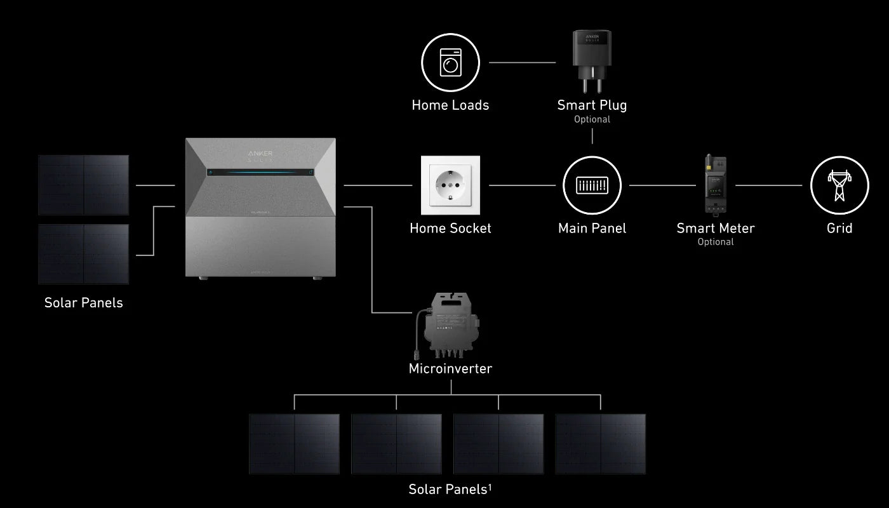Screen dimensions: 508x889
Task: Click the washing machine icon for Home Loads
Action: tap(450, 62)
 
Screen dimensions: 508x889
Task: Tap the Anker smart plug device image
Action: tap(592, 60)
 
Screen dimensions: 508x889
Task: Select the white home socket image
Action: tap(450, 185)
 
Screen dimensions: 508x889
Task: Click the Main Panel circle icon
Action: tap(592, 185)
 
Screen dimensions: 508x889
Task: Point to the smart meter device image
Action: tap(716, 185)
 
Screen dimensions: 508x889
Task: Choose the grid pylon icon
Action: tap(839, 185)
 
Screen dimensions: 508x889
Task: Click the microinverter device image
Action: tap(449, 326)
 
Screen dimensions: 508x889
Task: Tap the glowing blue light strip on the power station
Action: tap(260, 172)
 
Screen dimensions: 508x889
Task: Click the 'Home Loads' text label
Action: tap(450, 105)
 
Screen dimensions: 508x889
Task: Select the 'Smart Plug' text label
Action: tap(592, 105)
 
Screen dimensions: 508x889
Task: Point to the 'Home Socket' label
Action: tap(450, 228)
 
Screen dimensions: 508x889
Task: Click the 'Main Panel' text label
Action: tap(592, 228)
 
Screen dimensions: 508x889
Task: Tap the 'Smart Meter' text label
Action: tap(716, 228)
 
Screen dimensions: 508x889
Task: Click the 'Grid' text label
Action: tap(839, 228)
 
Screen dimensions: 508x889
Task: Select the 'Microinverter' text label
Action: tap(450, 368)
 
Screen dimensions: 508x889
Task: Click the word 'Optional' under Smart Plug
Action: tap(592, 119)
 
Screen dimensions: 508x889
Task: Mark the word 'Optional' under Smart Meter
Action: tap(716, 242)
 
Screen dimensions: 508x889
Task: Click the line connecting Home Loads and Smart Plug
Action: tap(522, 62)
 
